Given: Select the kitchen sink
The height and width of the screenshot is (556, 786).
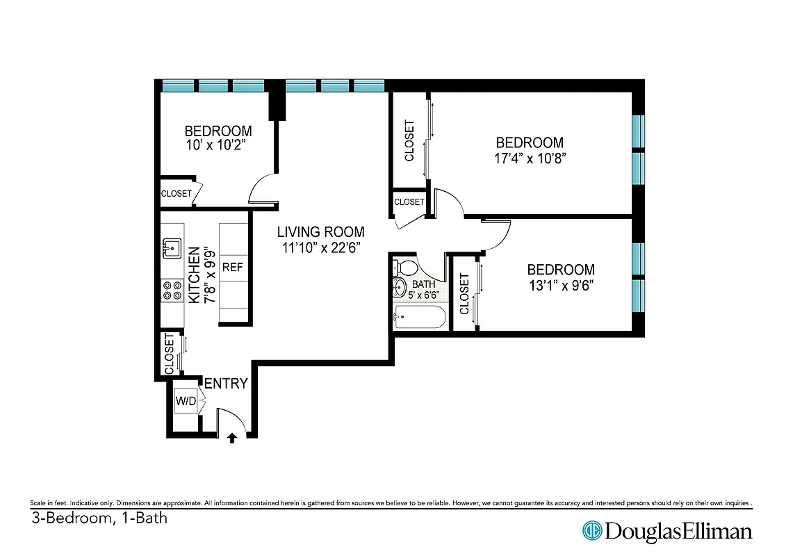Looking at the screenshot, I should tap(170, 247).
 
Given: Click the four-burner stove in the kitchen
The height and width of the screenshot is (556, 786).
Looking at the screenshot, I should tap(170, 290).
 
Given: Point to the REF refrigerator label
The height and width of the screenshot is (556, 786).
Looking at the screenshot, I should tap(231, 266).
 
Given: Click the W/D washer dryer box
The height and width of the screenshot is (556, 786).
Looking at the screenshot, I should tap(185, 401).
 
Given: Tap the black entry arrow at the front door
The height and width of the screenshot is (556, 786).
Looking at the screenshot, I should tap(232, 438).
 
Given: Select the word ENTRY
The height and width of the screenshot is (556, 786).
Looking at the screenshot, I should tap(225, 383).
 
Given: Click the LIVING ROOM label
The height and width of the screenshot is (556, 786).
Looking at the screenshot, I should tap(320, 232).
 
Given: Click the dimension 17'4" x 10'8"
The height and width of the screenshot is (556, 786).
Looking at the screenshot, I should tap(526, 158).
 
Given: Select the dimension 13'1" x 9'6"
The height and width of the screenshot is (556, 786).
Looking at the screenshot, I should tap(560, 284).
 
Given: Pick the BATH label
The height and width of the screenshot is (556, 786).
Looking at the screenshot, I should tap(423, 284).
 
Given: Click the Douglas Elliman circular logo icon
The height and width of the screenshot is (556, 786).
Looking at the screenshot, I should tap(591, 531).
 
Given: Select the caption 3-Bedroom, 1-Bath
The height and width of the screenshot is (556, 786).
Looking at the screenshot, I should tap(99, 518).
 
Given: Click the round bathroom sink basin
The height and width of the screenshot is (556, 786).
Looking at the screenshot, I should tap(400, 287).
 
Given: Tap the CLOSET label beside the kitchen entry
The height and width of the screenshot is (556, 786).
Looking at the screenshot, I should tap(169, 354).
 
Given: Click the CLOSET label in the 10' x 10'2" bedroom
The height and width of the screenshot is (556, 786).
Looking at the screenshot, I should tap(176, 193).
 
